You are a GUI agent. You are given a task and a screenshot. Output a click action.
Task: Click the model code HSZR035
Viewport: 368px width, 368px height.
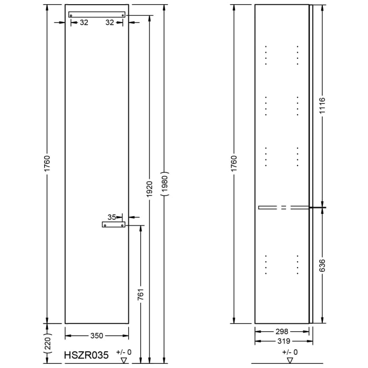pyautogui.click(x=87, y=355)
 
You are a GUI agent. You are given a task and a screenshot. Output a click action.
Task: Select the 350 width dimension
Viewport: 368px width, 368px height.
pyautogui.click(x=97, y=335)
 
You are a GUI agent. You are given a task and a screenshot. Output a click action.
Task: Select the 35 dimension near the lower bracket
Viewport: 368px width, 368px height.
pyautogui.click(x=111, y=216)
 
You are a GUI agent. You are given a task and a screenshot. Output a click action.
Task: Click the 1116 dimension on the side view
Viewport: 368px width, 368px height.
pyautogui.click(x=322, y=107)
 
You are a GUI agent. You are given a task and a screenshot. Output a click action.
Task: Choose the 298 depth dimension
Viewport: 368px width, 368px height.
pyautogui.click(x=282, y=331)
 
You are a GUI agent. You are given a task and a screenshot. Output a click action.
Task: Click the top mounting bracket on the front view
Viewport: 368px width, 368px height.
pyautogui.click(x=97, y=15)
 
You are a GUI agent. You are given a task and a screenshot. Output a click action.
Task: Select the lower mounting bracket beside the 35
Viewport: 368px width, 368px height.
pyautogui.click(x=114, y=225)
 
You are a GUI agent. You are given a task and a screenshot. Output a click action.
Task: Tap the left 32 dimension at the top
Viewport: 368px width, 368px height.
pyautogui.click(x=84, y=23)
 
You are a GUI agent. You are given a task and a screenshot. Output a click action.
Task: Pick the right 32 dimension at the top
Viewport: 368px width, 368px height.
pyautogui.click(x=110, y=23)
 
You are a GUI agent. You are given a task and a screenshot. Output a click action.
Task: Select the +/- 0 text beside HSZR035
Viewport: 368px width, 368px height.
pyautogui.click(x=124, y=352)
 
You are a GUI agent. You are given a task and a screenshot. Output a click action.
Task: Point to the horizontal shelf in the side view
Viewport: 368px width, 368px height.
pyautogui.click(x=284, y=208)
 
